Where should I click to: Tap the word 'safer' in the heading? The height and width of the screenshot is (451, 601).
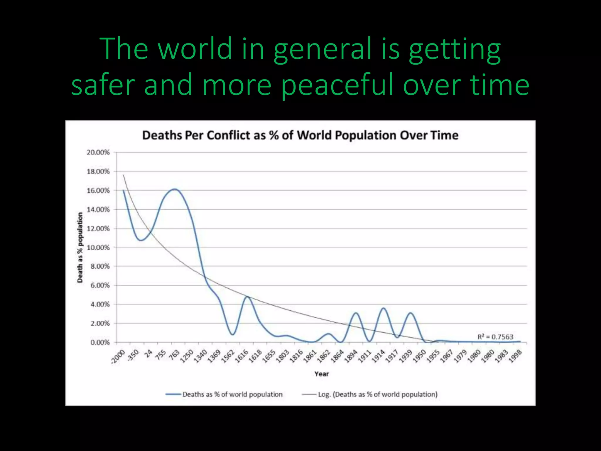click(103, 85)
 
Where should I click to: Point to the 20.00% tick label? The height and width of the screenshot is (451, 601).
click(98, 152)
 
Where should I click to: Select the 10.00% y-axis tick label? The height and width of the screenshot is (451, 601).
click(98, 248)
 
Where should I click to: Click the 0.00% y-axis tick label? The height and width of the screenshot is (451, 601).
click(100, 342)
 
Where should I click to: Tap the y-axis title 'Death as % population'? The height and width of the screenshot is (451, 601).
click(80, 248)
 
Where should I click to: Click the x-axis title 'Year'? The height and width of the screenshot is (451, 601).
click(321, 374)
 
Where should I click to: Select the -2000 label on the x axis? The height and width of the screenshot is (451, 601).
click(118, 357)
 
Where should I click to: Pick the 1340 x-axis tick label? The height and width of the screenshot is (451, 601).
click(200, 356)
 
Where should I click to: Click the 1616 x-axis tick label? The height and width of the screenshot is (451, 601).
click(242, 356)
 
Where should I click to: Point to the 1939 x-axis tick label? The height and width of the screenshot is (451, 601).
click(406, 356)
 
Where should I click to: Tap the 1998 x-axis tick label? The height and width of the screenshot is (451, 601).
click(515, 356)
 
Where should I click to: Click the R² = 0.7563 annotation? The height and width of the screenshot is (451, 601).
click(495, 337)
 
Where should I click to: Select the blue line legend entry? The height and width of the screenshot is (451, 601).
click(224, 394)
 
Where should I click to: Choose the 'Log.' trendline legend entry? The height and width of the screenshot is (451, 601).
click(370, 394)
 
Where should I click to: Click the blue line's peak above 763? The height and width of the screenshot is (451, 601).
click(175, 189)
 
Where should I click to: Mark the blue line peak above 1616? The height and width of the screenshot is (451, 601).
click(248, 297)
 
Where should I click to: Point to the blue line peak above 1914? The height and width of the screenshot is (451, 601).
click(384, 308)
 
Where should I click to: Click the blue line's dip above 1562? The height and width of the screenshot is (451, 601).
click(232, 334)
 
